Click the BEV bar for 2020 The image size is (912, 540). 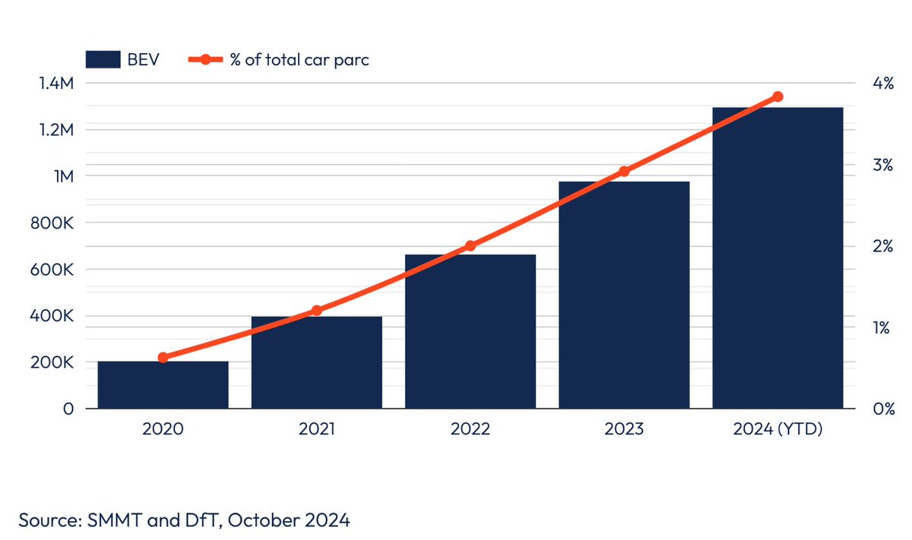coord(163,385)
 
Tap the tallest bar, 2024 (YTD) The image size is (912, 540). coord(777,258)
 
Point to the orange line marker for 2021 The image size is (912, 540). coord(316,311)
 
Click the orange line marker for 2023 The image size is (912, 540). coord(624,172)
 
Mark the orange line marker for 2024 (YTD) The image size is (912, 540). coord(777,96)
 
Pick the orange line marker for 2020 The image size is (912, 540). coord(163,357)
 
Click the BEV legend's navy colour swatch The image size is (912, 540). coord(103,60)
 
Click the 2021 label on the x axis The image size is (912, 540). coord(316,429)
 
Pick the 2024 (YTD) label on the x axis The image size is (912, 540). coord(777,429)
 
